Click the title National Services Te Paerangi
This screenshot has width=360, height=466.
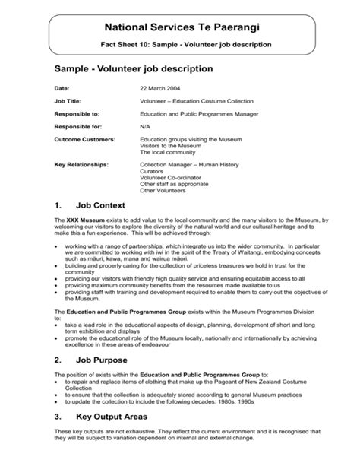click(x=187, y=27)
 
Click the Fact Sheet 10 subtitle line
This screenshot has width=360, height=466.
click(x=187, y=45)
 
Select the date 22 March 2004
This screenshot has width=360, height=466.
click(x=163, y=86)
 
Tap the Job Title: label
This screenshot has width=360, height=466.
click(x=70, y=100)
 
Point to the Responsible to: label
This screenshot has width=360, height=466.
click(x=81, y=113)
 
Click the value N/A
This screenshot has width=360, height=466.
click(x=145, y=126)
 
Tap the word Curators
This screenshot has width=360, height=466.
click(x=152, y=171)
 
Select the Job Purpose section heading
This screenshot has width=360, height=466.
click(x=103, y=359)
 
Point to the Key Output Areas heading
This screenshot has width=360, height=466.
click(x=112, y=417)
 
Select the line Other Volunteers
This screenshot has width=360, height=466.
click(x=163, y=190)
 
